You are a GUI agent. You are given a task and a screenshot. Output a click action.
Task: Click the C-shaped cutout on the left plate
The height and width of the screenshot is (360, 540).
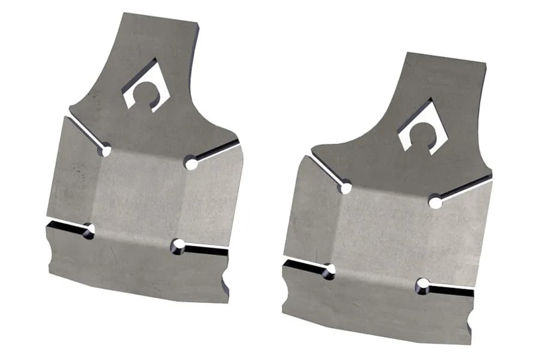pos(142,90)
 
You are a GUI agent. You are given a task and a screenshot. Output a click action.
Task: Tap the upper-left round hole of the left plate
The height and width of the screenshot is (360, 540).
pos(106,151)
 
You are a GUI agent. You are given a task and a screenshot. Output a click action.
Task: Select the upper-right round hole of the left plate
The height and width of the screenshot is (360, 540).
pos(191,163)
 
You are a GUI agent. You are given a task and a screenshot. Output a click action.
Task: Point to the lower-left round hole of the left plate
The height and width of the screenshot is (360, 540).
pos(89,231)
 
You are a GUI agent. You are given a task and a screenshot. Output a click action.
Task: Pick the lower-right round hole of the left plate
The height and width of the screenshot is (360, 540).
pos(178,245)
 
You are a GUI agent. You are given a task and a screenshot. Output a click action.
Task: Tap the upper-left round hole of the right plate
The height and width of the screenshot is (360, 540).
pos(345,188)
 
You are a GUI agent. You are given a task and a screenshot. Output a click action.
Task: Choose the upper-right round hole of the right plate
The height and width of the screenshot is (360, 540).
pos(436,202)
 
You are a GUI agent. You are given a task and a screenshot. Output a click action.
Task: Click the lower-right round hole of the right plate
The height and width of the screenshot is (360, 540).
pos(424,284)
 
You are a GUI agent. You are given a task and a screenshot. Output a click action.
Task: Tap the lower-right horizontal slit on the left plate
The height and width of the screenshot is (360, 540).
pos(207,248)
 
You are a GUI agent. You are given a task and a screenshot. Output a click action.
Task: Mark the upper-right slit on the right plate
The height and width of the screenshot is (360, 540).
pos(465,187)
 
